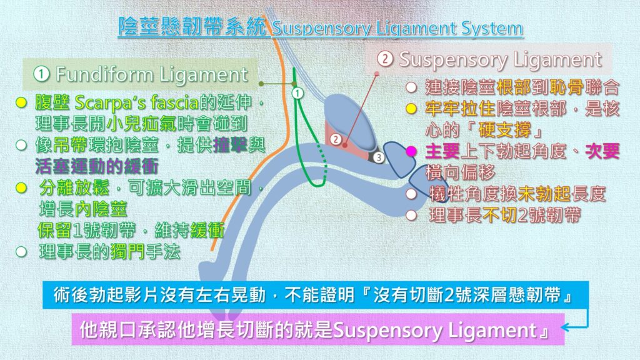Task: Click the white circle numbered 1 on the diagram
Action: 297,94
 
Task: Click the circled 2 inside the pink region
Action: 336,139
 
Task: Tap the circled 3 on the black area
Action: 379,157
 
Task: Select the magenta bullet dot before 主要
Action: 411,151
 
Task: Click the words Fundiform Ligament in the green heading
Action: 152,74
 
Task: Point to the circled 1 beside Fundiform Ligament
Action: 41,74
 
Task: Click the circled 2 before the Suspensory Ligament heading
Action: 385,59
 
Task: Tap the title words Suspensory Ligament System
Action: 397,28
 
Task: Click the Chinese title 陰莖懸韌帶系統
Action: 192,27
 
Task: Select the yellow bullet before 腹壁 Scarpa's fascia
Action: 21,102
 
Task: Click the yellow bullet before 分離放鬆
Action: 21,188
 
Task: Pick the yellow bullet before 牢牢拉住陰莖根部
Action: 411,109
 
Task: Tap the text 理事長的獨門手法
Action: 109,252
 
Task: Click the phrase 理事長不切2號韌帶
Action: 505,215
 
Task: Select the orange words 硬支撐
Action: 504,130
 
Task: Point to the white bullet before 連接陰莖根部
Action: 411,87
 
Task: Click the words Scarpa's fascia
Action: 137,102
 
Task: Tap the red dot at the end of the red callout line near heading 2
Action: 377,74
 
